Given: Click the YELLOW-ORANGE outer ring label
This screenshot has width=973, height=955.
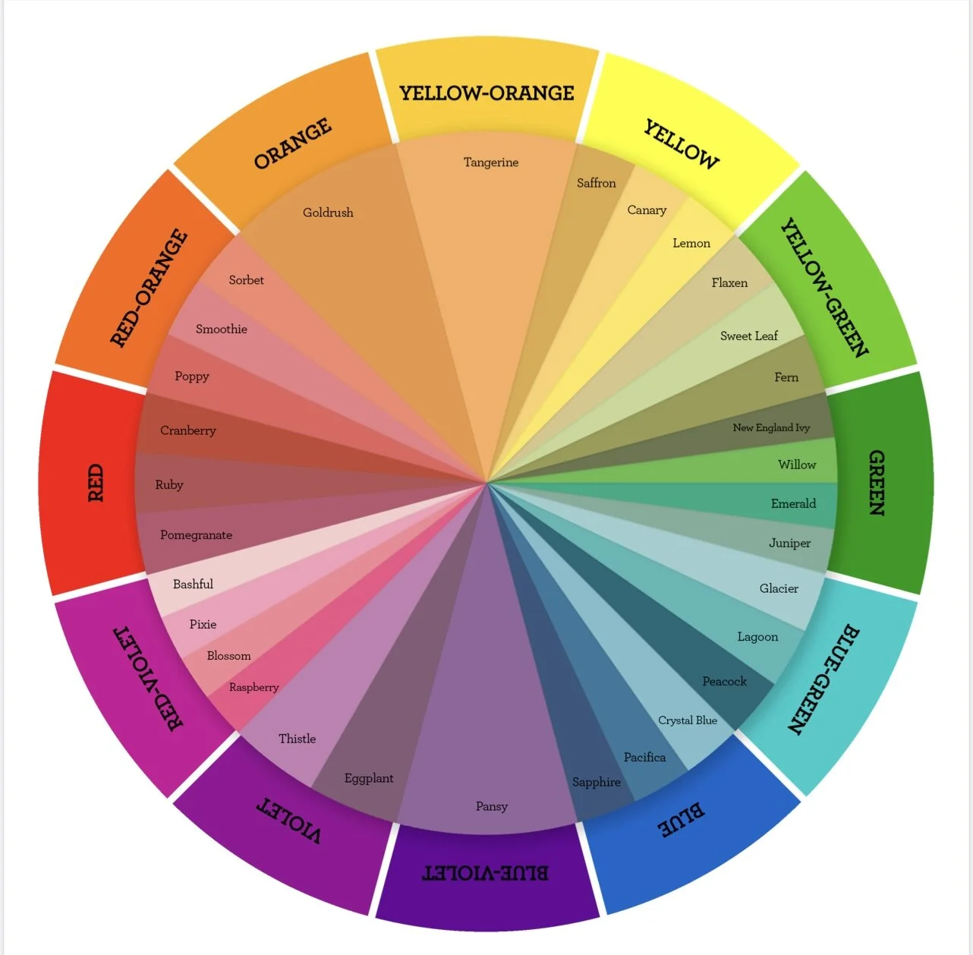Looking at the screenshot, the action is point(486,93).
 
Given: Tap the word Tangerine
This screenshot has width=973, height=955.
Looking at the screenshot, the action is point(491,162).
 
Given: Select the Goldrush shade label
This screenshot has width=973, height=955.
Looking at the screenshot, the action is point(328,213).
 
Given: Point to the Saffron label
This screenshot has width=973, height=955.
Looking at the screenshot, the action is point(596,183).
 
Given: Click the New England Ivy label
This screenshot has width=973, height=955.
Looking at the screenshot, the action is point(771,428).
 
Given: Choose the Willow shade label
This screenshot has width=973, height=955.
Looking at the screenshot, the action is point(796,465).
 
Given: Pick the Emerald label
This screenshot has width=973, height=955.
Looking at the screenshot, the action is point(793,503).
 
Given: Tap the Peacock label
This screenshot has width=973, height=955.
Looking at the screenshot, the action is point(724,681).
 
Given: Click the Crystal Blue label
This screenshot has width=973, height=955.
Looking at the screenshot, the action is point(687,720).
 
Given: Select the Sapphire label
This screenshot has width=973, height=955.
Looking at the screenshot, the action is point(596,782).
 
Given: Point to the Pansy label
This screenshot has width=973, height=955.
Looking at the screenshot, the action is point(491,806).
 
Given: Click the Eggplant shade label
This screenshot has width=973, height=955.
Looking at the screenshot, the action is point(369,778).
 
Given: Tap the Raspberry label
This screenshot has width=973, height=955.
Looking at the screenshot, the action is point(253,687).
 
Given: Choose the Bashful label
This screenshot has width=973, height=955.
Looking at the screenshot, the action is point(193,584).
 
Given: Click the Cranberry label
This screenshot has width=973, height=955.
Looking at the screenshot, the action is point(187,430).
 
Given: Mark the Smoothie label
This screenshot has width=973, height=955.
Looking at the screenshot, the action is point(221,329).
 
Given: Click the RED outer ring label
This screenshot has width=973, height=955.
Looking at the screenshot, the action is point(96,483).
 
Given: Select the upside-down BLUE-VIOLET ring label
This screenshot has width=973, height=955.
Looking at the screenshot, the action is point(485,873).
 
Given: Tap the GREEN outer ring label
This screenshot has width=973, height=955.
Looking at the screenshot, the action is point(877,483).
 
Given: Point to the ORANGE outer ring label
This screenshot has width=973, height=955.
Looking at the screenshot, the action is point(292,143).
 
